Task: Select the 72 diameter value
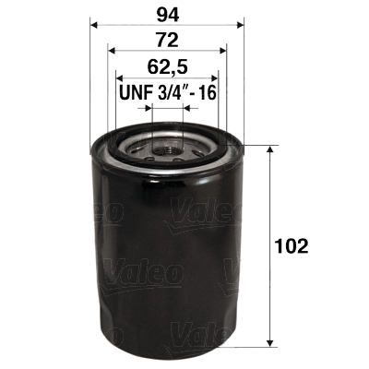pyautogui.click(x=167, y=40)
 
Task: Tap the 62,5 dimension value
pyautogui.click(x=167, y=66)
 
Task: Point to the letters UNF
pyautogui.click(x=136, y=94)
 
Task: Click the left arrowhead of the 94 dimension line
pyautogui.click(x=94, y=24)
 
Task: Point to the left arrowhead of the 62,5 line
pyautogui.click(x=119, y=78)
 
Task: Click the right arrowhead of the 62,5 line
pyautogui.click(x=215, y=78)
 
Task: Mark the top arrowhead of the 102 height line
pyautogui.click(x=268, y=150)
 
